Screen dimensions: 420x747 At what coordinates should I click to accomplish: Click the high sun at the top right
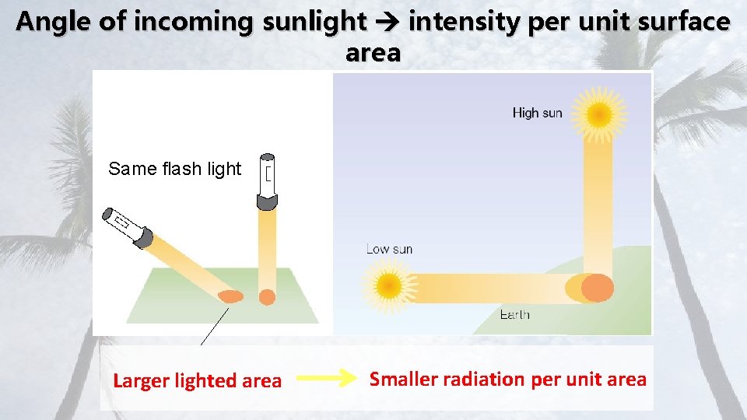coord(599,115)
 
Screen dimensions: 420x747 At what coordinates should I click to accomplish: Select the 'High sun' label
coord(537,113)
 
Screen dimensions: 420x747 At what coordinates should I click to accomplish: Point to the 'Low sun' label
coord(389,249)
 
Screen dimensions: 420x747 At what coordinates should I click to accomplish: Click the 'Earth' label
coord(514,314)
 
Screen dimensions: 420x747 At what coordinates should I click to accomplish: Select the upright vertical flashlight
coord(268,181)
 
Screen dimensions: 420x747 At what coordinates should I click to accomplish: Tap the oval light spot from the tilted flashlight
coord(230,296)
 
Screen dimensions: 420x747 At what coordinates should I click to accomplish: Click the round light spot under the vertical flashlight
coord(267,296)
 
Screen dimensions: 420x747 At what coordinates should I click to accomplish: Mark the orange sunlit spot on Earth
coord(597,288)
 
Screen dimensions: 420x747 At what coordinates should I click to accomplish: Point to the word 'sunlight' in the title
coord(314,22)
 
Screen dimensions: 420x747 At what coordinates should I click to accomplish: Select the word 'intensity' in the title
coord(464,22)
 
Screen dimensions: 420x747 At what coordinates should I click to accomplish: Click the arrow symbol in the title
coord(388,22)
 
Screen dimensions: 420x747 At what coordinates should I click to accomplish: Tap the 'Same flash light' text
coord(175,169)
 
